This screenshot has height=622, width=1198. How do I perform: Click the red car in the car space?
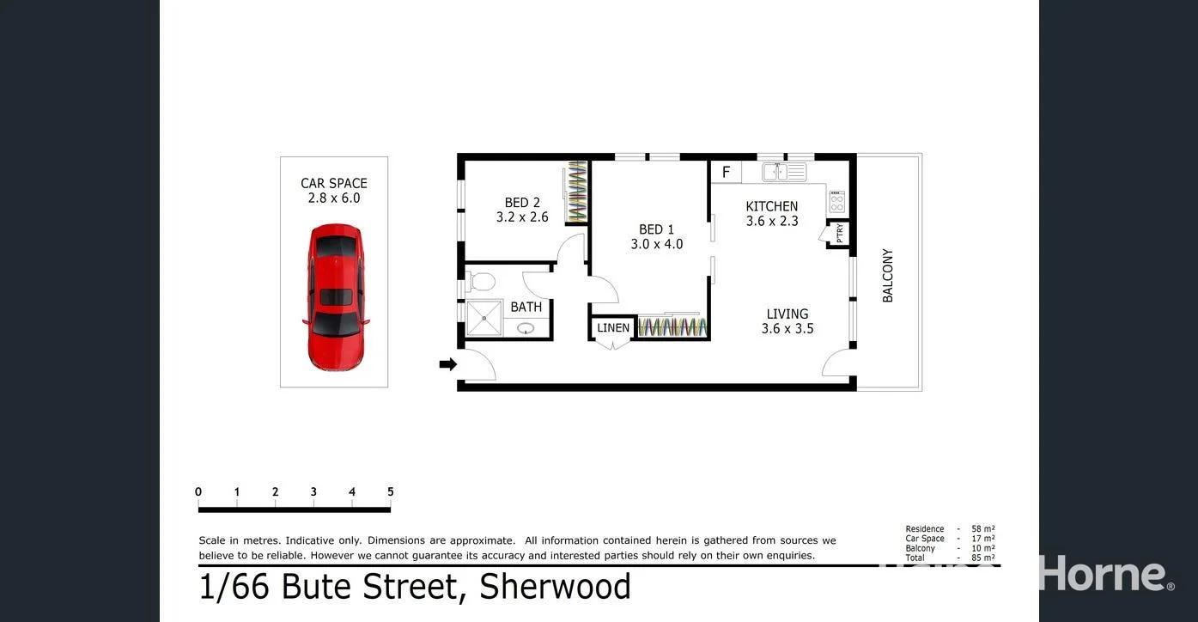336,296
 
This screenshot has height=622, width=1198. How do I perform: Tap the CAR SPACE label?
333,183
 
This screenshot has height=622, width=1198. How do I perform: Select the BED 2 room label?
522,203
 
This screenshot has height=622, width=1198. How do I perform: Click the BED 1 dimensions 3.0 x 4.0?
656,244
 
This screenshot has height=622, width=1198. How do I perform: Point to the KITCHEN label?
771,206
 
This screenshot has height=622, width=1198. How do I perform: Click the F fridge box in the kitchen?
726,173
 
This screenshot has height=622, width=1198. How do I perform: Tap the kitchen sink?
776,173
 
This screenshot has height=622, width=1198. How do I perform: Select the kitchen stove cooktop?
836,203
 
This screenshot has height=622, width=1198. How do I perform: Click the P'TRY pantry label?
840,233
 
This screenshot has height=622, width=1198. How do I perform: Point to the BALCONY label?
888,275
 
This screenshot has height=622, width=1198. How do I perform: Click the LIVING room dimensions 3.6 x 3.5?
787,328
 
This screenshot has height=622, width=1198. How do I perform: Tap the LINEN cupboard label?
613,328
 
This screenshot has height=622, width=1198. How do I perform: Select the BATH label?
526,307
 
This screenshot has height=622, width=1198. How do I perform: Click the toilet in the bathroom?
483,281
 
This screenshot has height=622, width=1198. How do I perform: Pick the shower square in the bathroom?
484,318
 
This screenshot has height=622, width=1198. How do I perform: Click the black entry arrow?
447,364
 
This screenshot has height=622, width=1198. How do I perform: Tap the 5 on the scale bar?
390,492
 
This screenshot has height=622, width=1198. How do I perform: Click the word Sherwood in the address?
555,587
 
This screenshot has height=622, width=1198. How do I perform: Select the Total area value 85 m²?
983,558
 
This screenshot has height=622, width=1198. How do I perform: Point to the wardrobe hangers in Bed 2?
577,192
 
